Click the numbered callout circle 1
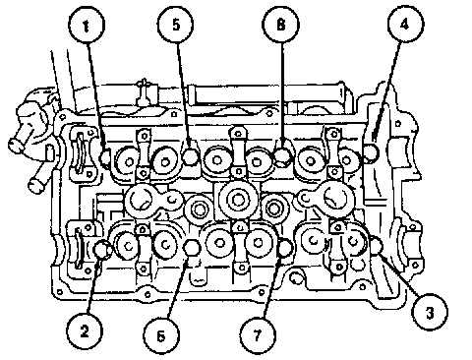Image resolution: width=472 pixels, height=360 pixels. (x=87, y=25)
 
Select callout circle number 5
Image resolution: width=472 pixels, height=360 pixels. (x=176, y=25)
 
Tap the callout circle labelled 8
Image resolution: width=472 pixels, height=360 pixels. (x=280, y=25)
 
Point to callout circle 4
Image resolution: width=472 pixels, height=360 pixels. (x=405, y=24)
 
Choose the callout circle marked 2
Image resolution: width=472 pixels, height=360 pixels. (x=85, y=330)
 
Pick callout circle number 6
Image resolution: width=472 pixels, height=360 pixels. (x=161, y=335)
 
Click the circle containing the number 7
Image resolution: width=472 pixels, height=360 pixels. (x=258, y=335)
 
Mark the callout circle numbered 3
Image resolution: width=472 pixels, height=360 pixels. (x=430, y=312)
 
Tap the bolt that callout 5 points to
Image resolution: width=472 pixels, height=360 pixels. (x=191, y=156)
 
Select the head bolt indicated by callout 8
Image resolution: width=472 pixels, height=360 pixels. (x=282, y=155)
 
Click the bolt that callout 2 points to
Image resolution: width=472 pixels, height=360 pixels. (x=102, y=249)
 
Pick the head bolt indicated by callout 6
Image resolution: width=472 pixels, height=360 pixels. (x=192, y=248)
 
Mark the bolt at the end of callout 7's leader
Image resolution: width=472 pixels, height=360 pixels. (x=285, y=248)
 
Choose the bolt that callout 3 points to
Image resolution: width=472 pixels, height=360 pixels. (x=377, y=244)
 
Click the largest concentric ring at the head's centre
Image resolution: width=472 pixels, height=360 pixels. (x=238, y=199)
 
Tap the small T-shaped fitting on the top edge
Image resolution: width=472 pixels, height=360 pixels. (x=144, y=91)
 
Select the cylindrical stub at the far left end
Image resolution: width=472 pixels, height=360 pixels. (x=17, y=145)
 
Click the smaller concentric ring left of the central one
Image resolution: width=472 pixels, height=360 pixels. (x=199, y=210)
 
